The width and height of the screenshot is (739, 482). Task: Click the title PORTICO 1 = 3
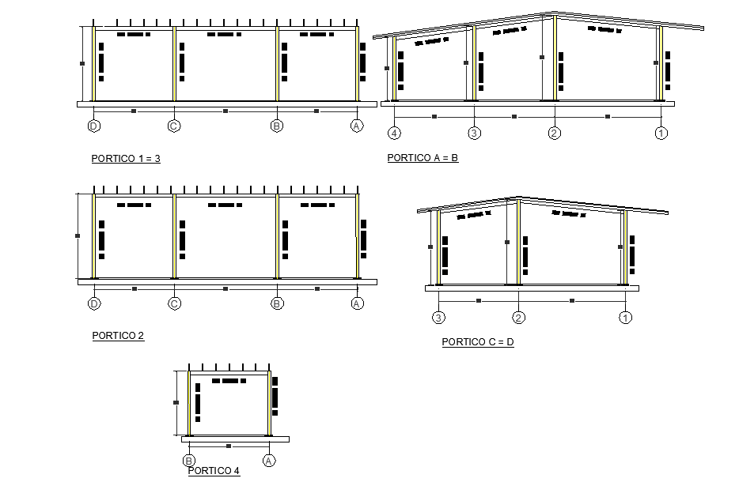126,159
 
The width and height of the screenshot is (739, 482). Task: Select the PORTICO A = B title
423,158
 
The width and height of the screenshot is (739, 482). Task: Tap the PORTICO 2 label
118,336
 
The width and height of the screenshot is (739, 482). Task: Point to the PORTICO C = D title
478,342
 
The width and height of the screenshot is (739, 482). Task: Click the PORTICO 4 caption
214,471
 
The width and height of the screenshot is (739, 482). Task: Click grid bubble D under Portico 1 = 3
93,126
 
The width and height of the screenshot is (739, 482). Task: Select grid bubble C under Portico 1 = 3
174,126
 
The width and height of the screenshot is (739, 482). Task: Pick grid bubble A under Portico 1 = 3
357,126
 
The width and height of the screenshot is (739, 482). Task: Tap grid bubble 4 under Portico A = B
394,133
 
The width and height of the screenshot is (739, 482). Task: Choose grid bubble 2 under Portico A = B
555,133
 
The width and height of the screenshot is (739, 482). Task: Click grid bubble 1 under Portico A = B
661,133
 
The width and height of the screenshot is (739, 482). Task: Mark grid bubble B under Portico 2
277,303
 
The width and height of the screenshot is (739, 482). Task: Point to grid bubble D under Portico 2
94,303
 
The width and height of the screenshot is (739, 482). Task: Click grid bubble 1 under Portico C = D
625,318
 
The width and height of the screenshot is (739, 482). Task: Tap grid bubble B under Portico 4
189,461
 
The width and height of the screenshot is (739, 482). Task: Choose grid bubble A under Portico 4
269,461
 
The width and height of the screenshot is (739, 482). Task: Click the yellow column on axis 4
394,69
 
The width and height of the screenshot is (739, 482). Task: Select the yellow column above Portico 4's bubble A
269,403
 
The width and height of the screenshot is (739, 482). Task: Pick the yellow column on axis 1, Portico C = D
624,247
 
